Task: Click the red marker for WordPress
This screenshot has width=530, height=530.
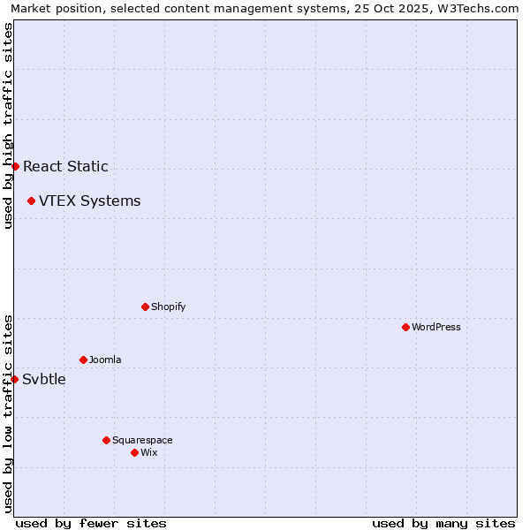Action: coord(405,327)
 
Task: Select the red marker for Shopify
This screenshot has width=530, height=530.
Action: coord(145,307)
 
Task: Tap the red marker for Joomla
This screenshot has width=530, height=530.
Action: coord(83,360)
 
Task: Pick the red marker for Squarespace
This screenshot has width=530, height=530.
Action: coord(106,440)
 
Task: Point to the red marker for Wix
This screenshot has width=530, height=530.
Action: coord(134,452)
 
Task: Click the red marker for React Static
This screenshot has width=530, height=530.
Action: coord(15,166)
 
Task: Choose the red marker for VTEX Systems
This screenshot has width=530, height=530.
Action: coord(31,201)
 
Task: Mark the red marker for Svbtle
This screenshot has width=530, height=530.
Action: coord(14,379)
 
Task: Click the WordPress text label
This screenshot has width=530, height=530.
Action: coord(436,327)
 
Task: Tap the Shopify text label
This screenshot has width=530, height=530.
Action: coord(168,307)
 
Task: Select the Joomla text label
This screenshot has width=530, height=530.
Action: coord(105,360)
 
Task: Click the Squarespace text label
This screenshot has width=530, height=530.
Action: coord(142,440)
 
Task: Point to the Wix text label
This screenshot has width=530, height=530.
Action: coord(148,452)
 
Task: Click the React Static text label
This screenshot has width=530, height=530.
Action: coord(65,166)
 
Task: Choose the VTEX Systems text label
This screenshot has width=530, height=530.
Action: coord(89,201)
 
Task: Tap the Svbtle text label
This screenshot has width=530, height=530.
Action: coord(44,379)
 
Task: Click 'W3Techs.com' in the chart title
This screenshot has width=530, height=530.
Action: coord(482,8)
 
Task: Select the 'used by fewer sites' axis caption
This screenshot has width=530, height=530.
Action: coord(91,523)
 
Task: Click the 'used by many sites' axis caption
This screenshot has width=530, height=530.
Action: coord(443,523)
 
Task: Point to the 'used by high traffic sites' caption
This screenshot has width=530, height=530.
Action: coord(8,125)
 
